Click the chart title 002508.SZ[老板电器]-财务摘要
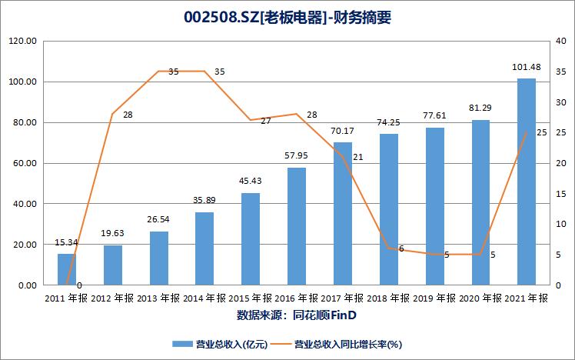pos(287,18)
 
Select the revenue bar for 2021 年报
pos(526,182)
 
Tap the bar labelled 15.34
pos(67,269)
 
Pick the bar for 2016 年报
pos(297,226)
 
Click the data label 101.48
pos(526,67)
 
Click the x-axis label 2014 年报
pos(204,298)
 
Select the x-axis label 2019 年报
pos(434,298)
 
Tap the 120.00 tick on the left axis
pos(24,42)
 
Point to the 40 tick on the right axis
pos(562,42)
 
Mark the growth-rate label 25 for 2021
pos(541,133)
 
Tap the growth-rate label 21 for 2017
pos(357,157)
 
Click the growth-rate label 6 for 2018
pos(401,248)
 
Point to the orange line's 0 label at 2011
pos(79,285)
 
